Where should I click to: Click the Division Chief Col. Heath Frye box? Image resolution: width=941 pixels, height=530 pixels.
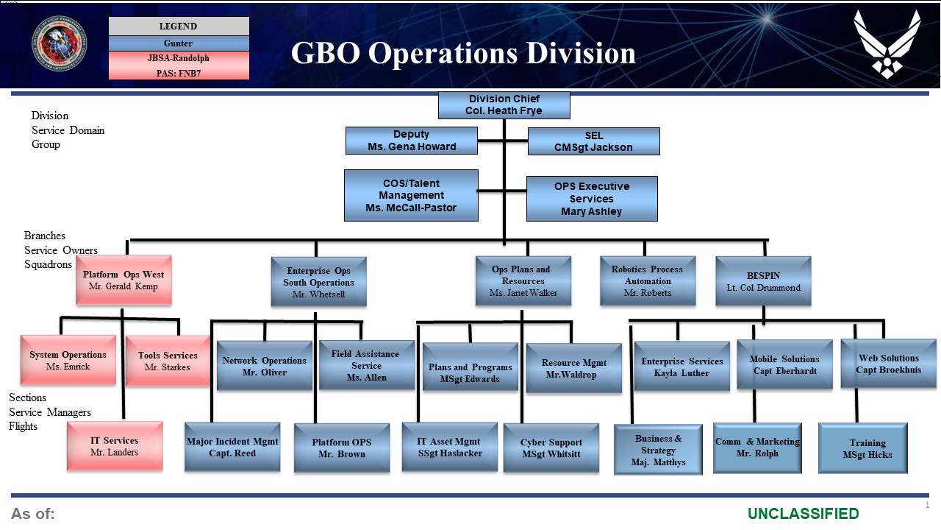(504, 105)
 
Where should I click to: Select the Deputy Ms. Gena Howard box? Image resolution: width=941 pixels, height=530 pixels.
(411, 141)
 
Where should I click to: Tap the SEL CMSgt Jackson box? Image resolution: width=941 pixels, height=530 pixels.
(593, 141)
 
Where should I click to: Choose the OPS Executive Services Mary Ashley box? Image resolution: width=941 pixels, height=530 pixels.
(592, 199)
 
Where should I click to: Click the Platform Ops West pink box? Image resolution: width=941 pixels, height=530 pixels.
(123, 280)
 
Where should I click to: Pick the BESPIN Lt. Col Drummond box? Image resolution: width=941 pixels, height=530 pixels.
(763, 280)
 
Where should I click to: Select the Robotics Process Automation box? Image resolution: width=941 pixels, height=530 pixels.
(647, 280)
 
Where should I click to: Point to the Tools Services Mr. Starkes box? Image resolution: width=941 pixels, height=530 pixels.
(168, 361)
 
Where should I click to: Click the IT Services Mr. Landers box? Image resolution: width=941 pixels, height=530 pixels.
(114, 446)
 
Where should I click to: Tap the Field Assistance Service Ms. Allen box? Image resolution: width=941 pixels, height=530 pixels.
(366, 365)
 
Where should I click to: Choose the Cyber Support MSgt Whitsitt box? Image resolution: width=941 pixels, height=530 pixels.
(551, 448)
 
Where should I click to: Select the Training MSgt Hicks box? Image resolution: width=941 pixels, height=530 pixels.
(862, 448)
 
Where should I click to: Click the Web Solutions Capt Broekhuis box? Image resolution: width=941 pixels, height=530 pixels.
(888, 364)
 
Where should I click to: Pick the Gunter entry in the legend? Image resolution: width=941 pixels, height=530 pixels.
(179, 43)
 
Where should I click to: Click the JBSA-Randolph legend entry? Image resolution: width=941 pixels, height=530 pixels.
(179, 58)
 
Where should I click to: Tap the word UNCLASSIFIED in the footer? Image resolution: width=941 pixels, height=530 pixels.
(803, 514)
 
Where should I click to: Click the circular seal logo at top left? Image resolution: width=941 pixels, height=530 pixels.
(59, 43)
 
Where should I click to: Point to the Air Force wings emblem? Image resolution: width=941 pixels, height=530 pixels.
(886, 43)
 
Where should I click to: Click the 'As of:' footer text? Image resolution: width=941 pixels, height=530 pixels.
(33, 514)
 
